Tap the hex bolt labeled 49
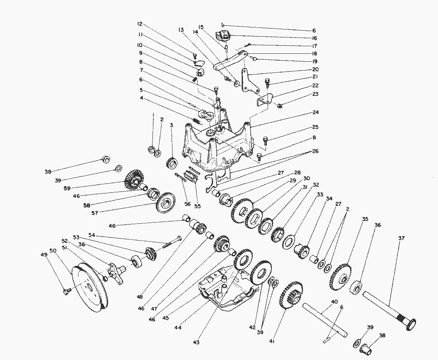66,292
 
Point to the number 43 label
196,342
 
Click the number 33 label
320,195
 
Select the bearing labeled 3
172,162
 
